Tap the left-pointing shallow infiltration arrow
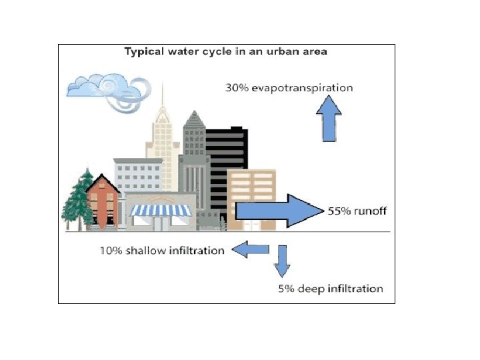250,250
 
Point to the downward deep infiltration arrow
282,261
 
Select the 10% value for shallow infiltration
111,251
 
